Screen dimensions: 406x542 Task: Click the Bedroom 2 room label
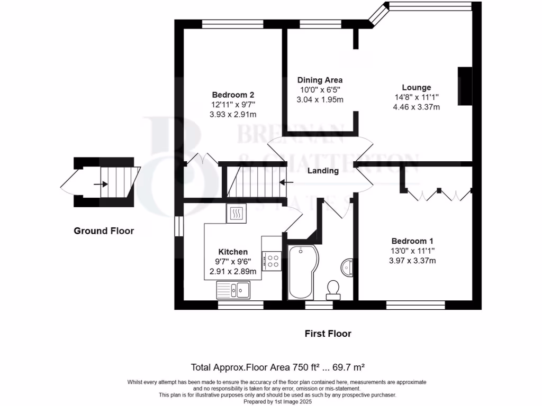pos(233,95)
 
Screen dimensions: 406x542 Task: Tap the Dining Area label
pos(320,80)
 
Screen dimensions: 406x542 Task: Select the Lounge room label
pos(416,87)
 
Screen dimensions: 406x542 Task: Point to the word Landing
pos(323,171)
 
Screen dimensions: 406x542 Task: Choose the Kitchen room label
pos(233,252)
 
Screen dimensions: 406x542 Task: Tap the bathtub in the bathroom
pos(301,272)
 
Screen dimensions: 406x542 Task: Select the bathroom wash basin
pos(347,267)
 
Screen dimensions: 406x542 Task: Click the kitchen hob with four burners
pos(273,261)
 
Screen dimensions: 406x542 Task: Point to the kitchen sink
pos(233,290)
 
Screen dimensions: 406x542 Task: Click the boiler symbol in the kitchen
pos(236,213)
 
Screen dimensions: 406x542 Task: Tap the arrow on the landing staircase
pos(286,182)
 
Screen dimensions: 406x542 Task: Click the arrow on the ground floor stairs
pos(100,184)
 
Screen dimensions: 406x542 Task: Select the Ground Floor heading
pos(104,230)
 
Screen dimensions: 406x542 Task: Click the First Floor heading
pos(328,334)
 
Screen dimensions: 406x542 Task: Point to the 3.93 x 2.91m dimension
pos(233,114)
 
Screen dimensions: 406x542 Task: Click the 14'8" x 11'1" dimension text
pos(416,97)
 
